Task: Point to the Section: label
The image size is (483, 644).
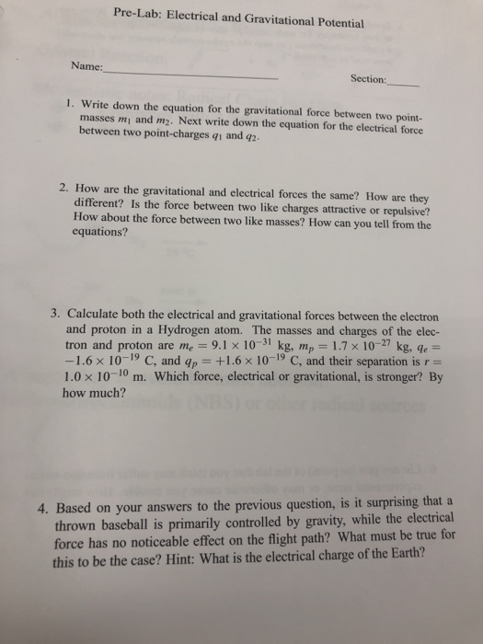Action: click(368, 79)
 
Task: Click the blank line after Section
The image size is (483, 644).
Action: click(404, 84)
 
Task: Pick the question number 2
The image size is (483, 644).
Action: click(62, 187)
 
